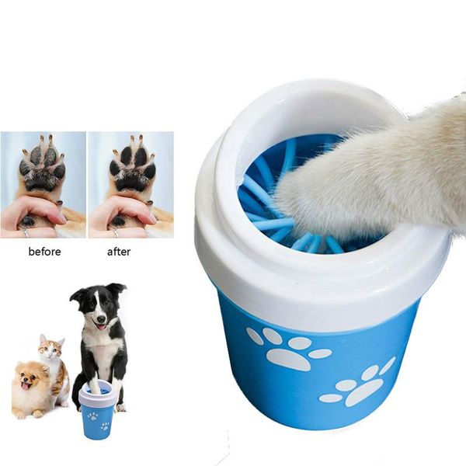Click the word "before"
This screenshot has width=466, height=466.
coord(44,252)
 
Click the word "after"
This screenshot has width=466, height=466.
coord(119,252)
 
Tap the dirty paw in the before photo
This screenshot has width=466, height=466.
coord(42,168)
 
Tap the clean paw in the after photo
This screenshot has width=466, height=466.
coord(130,166)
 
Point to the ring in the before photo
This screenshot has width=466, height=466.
coord(26,231)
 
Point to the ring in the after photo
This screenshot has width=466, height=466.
coord(114,231)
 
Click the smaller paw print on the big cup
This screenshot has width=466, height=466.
coord(359,385)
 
